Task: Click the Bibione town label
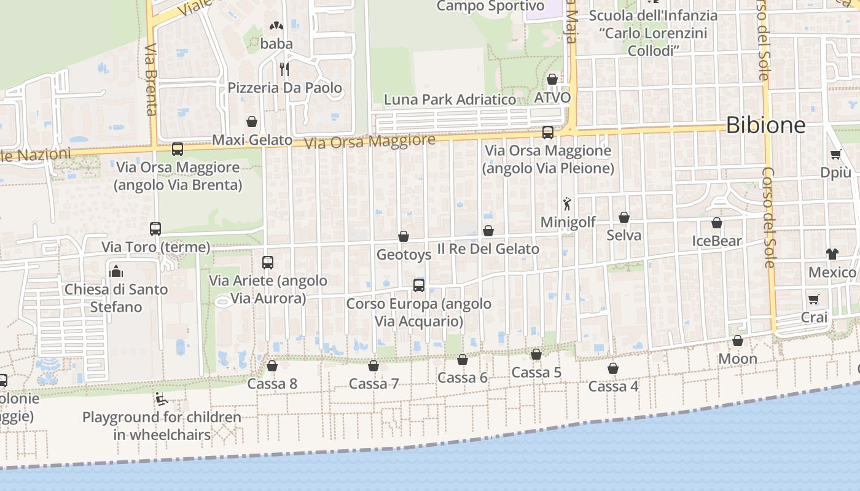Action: (x=765, y=125)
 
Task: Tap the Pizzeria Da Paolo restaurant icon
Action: (x=284, y=69)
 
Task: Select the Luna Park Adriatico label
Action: (x=450, y=99)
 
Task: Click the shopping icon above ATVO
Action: (x=552, y=79)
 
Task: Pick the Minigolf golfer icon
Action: (x=567, y=203)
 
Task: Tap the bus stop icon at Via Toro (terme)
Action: (x=155, y=229)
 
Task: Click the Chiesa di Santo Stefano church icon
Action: (x=116, y=271)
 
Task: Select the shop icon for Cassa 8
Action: (x=272, y=366)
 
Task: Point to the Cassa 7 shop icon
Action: (x=373, y=366)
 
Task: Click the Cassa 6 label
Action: (x=462, y=378)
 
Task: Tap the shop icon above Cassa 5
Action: (x=536, y=354)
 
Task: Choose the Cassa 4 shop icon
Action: (x=613, y=368)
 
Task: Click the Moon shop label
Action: (x=737, y=358)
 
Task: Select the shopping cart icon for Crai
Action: (x=814, y=300)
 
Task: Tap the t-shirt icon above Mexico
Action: (x=832, y=253)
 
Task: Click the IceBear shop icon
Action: (x=717, y=223)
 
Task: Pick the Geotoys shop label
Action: (x=404, y=254)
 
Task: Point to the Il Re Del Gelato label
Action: (x=488, y=249)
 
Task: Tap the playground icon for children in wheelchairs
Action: (x=162, y=400)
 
